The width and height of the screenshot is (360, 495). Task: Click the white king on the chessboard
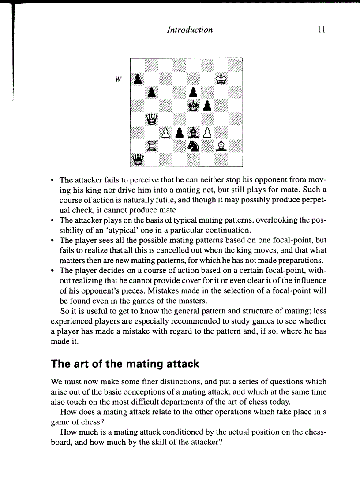coord(222,78)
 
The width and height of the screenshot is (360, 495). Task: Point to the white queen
coord(152,119)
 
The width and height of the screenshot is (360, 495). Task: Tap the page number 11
coord(321,30)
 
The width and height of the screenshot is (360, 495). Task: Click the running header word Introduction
coord(190,30)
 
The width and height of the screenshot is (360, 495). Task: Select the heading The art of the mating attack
coord(125,364)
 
